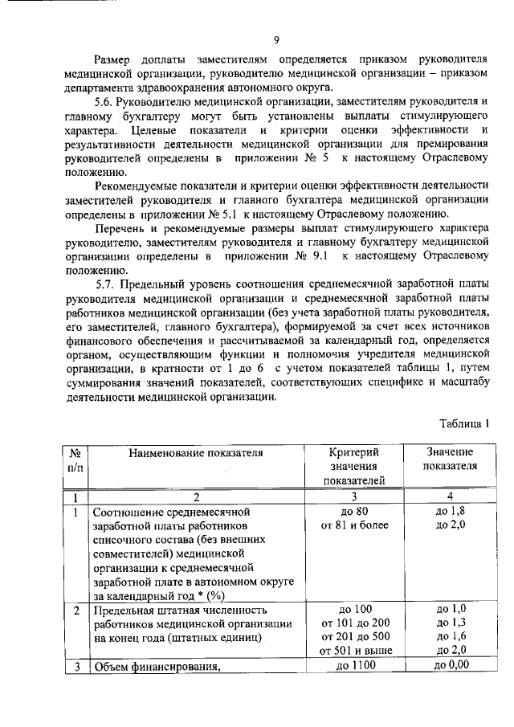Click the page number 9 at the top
pos(275,40)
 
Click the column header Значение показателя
pos(450,459)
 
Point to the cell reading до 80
pos(353,511)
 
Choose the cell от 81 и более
pos(354,525)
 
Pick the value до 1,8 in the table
pos(450,511)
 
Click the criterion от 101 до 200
pos(354,622)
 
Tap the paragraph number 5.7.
pos(104,285)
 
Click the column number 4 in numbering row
pos(450,496)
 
